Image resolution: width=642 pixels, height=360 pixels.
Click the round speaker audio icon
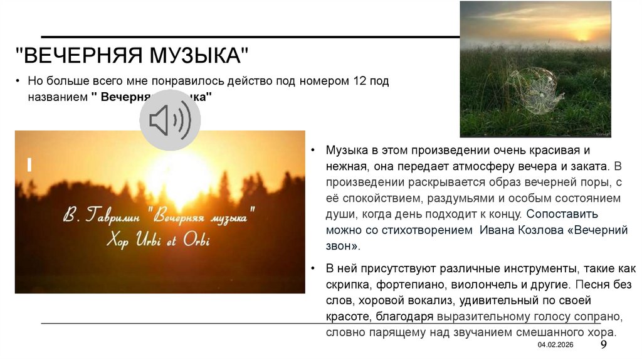click(x=170, y=120)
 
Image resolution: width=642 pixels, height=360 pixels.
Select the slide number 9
click(x=604, y=346)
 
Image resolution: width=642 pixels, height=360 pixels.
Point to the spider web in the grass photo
click(x=534, y=90)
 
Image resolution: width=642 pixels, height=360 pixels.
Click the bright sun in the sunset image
click(x=179, y=175)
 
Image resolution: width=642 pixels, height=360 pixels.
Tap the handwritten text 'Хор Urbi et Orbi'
click(x=159, y=240)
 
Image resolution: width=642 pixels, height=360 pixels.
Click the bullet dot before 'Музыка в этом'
click(x=313, y=152)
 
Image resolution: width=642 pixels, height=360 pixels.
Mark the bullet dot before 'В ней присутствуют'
click(x=313, y=268)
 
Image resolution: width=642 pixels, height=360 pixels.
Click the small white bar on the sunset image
click(x=29, y=165)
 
